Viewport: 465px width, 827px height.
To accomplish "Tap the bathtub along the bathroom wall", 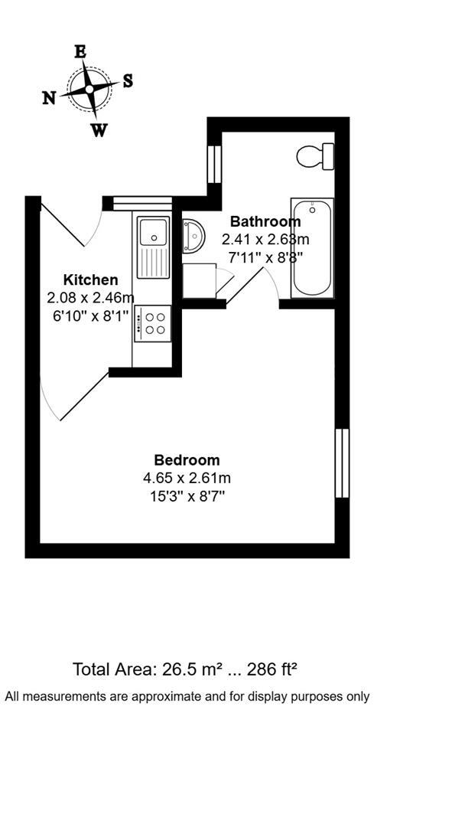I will click(x=312, y=247).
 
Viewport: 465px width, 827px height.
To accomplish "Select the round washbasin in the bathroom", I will click(x=192, y=236).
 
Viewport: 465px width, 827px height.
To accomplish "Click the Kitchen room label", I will click(x=90, y=279).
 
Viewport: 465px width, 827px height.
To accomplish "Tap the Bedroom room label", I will click(x=187, y=460).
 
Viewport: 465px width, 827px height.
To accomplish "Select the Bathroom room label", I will click(x=265, y=222).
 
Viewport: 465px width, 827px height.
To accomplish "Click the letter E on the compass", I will click(x=80, y=52).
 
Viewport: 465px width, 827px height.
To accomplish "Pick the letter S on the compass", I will click(x=128, y=81).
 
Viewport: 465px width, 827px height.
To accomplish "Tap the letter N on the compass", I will click(x=49, y=98).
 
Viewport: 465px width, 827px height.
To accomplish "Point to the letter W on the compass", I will click(x=99, y=131).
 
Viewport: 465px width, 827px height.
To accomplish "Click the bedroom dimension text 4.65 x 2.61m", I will click(x=187, y=479).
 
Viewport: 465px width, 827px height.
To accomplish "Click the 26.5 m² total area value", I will click(x=192, y=669).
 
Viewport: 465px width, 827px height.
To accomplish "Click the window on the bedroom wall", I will click(x=342, y=463).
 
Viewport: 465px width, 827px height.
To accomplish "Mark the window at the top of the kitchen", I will click(x=142, y=203).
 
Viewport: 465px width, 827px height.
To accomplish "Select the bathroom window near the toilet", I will click(x=214, y=164).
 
